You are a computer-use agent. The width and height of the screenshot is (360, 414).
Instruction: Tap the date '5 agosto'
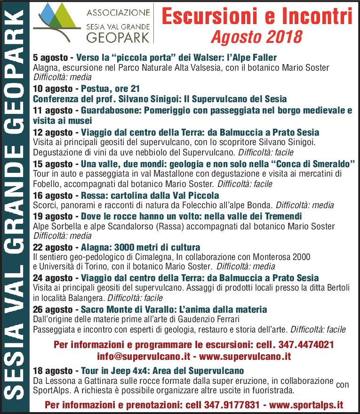point(50,58)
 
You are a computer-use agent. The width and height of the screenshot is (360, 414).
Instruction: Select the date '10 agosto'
point(53,89)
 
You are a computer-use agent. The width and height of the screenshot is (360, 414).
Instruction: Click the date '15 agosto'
point(53,163)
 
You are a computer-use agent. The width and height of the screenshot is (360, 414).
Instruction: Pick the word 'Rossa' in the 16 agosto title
point(93,195)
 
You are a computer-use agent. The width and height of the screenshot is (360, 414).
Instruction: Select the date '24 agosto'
point(53,277)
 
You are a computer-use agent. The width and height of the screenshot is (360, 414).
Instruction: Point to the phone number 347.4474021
point(306,345)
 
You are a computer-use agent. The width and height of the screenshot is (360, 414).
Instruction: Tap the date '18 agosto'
point(53,370)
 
